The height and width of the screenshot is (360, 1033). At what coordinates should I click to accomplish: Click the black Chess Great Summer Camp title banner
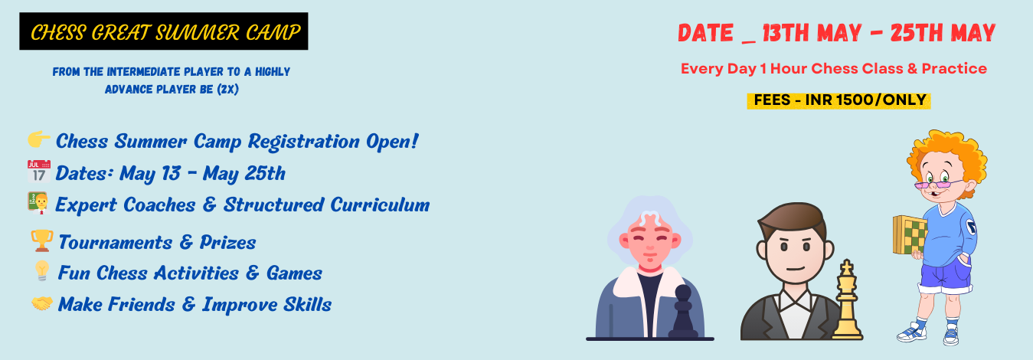164,31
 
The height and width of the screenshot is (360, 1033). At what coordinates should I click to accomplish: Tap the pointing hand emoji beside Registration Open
39,139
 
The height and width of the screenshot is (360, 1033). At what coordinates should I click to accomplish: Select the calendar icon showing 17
39,172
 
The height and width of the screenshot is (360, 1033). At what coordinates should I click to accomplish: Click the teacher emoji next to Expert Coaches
38,204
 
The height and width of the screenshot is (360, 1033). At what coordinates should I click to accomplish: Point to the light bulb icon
42,270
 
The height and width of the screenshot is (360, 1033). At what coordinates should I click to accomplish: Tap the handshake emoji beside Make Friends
42,303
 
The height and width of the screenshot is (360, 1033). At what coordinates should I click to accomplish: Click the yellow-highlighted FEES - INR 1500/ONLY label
838,100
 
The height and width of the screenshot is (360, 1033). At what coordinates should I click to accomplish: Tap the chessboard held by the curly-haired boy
910,235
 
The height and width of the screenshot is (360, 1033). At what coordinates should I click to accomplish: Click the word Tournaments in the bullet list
116,242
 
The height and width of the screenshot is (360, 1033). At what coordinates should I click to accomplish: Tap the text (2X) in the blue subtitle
228,89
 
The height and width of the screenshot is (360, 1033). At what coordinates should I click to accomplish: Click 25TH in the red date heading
917,33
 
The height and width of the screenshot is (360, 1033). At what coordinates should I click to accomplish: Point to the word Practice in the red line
954,69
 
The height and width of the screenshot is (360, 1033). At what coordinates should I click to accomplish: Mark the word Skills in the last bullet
307,305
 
